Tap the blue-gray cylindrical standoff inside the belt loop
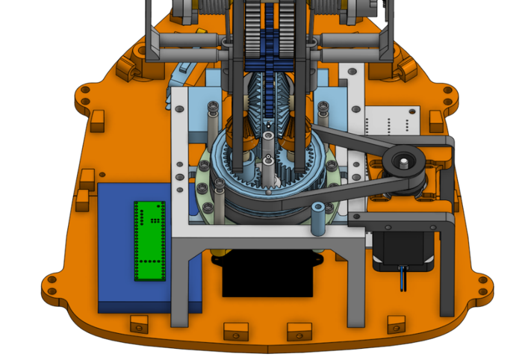coord(317,217)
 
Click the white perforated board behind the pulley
coord(391,120)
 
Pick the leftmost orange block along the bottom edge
coord(138,323)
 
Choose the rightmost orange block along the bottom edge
coord(396,323)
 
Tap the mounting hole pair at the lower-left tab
coord(52,283)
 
